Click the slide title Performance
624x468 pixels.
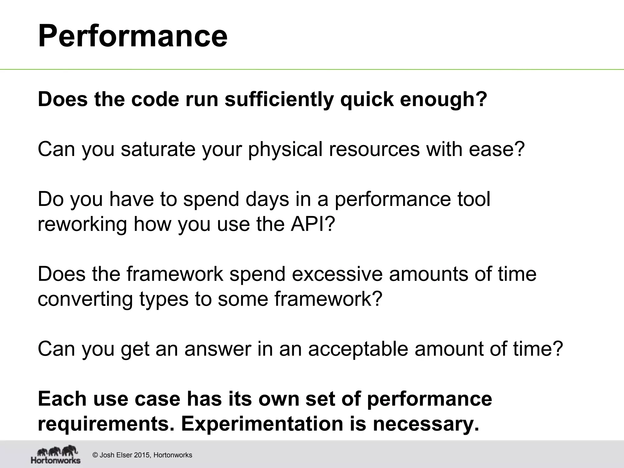pyautogui.click(x=133, y=36)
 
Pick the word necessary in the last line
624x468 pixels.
pyautogui.click(x=426, y=424)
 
